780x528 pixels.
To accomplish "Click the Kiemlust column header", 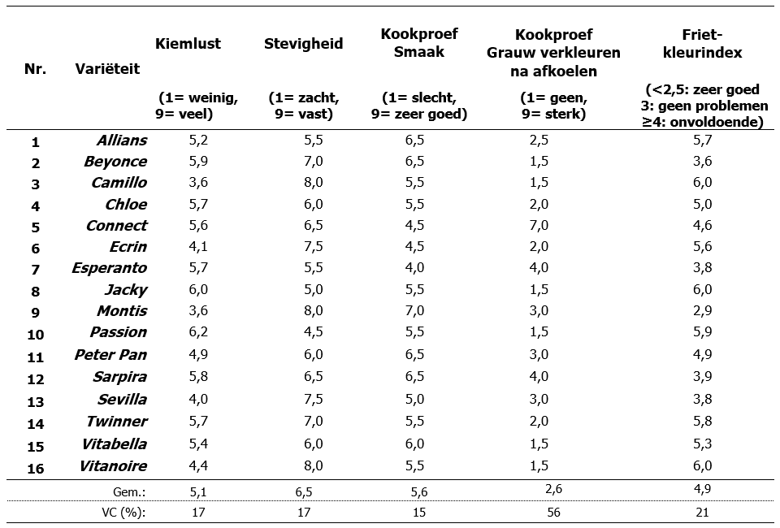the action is coord(188,44).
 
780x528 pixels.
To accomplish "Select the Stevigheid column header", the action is coord(303,44).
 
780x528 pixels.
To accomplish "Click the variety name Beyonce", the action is coord(115,162).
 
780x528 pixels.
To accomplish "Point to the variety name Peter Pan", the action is coord(110,354).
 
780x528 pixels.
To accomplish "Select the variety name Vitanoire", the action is coord(113,465).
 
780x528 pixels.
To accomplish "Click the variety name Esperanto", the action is coord(109,267).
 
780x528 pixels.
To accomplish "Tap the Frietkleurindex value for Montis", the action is coord(704,310).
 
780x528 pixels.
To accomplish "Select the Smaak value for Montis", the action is coord(414,310).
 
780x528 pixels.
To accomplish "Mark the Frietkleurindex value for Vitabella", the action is coord(704,444).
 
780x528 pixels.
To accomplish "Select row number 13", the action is coord(35,400).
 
